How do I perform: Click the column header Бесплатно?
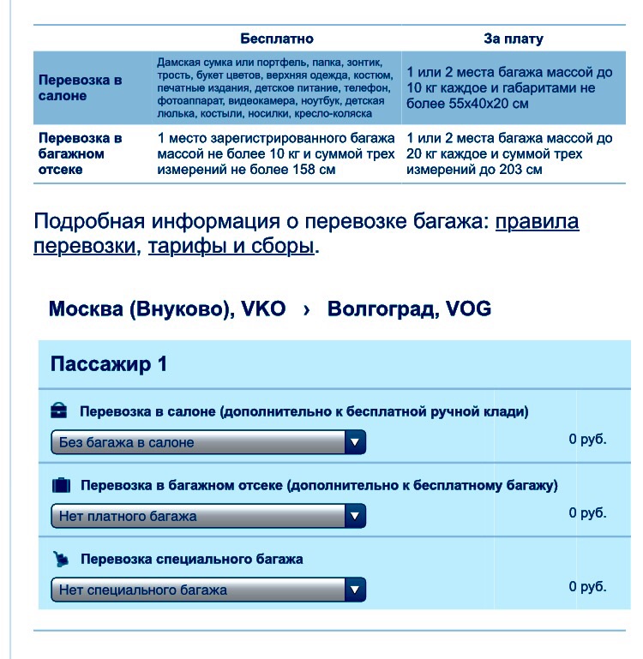click(x=277, y=39)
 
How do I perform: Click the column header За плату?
click(x=514, y=39)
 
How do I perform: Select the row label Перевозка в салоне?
click(x=81, y=87)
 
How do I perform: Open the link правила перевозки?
click(x=537, y=223)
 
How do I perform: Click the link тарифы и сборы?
click(x=231, y=248)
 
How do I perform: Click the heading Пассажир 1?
click(x=109, y=364)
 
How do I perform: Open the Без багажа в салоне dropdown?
click(x=208, y=442)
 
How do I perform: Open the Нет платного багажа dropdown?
click(x=208, y=516)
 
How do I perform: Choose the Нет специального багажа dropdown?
click(x=208, y=590)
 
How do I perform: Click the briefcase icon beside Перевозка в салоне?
click(x=59, y=410)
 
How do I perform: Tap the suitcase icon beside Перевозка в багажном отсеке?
click(x=61, y=485)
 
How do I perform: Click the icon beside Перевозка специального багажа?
click(x=60, y=559)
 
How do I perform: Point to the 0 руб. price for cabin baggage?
click(x=587, y=439)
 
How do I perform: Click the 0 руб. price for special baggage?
click(x=587, y=587)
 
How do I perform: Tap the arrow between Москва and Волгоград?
click(x=306, y=309)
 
